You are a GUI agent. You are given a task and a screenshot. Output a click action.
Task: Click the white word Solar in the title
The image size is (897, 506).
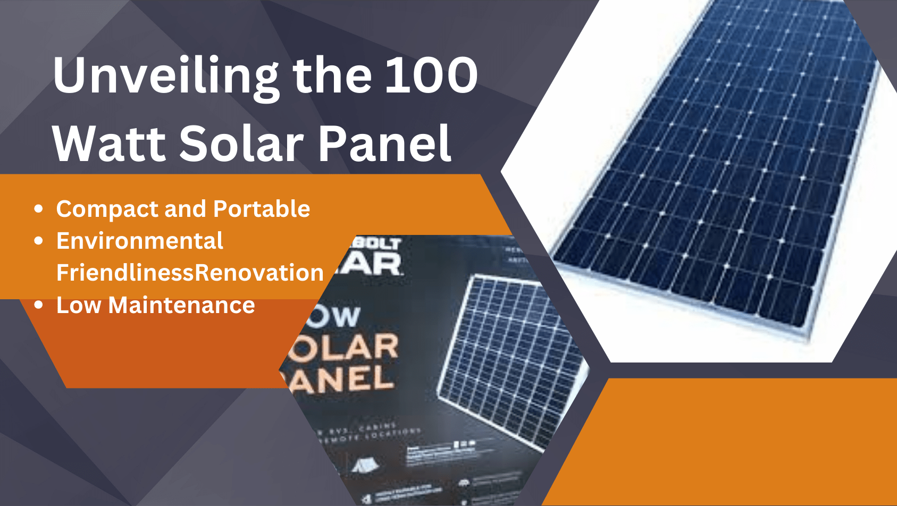[242, 144]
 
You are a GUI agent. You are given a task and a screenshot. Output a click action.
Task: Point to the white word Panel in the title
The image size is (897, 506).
[385, 144]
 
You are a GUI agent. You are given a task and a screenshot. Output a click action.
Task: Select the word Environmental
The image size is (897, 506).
[140, 241]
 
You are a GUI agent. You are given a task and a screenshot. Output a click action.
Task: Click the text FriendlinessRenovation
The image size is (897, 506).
[190, 273]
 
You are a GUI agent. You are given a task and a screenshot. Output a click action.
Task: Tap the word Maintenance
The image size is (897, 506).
[181, 305]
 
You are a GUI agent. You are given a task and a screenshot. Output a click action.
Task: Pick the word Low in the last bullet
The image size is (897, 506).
[78, 305]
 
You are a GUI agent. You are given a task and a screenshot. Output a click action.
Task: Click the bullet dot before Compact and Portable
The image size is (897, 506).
[38, 209]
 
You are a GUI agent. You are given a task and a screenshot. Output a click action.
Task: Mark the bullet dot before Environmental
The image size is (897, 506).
[38, 241]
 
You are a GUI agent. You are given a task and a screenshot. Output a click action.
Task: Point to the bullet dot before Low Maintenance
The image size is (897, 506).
[38, 305]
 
